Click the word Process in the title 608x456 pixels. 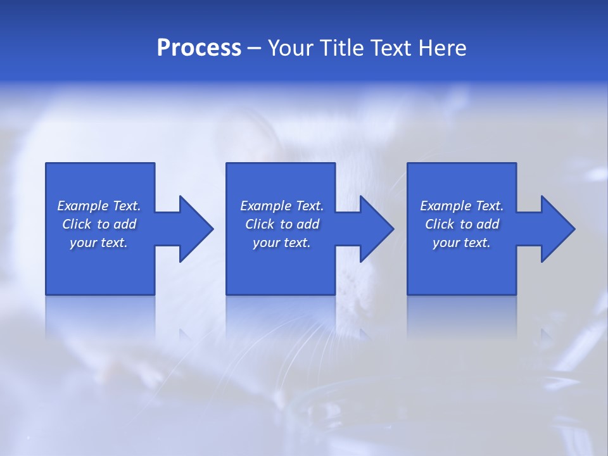pos(199,48)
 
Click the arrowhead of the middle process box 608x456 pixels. pos(376,229)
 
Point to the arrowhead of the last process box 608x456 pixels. pos(557,229)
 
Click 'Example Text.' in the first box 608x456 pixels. pos(99,206)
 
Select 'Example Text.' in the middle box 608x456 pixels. pos(282,206)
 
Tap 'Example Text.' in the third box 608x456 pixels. pos(462,206)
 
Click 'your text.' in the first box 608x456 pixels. pos(99,243)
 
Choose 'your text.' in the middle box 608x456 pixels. pos(282,243)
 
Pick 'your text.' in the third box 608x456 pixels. pos(462,243)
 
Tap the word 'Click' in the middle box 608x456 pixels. pos(260,224)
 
